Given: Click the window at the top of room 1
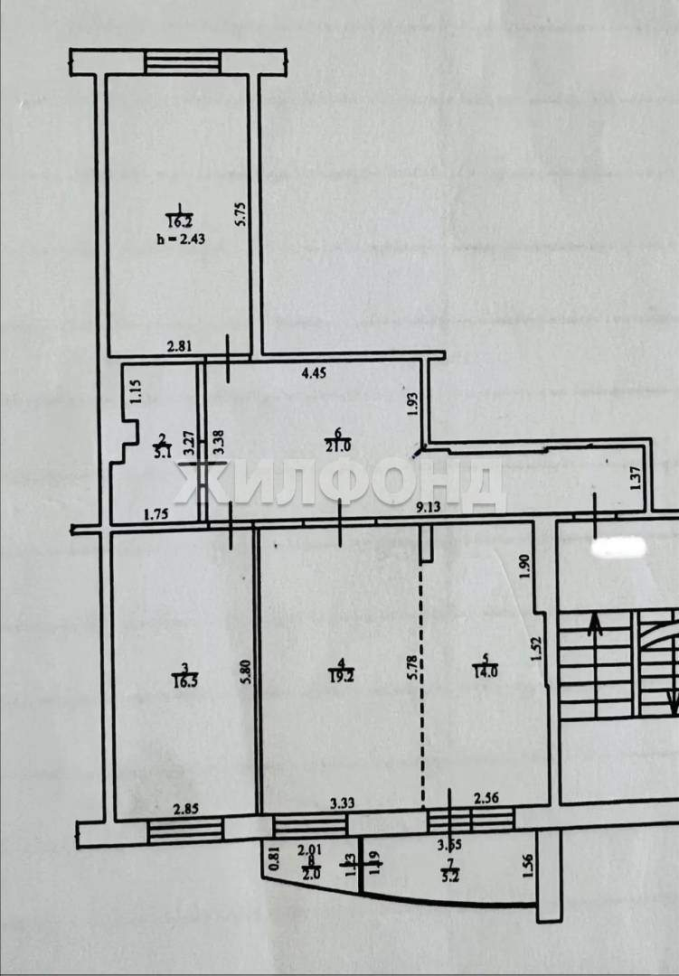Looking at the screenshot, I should (183, 61).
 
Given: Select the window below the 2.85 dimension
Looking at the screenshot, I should (185, 831).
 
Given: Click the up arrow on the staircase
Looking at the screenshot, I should (594, 625).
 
